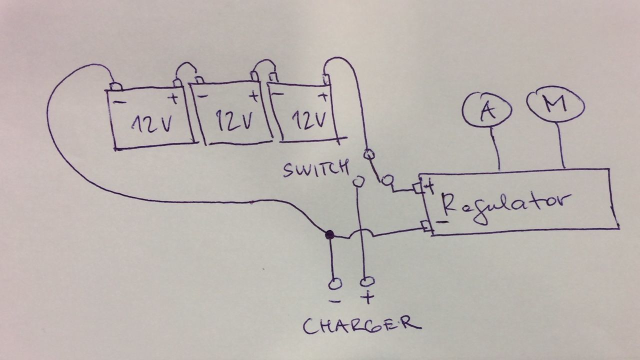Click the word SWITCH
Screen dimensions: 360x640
(314, 169)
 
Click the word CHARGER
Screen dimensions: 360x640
(361, 325)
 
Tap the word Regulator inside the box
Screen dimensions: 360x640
(505, 201)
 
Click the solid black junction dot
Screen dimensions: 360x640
(329, 234)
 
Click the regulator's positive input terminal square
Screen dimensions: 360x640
(418, 188)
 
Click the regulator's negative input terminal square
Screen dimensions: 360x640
(426, 226)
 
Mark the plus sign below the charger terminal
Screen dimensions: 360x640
(367, 299)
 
